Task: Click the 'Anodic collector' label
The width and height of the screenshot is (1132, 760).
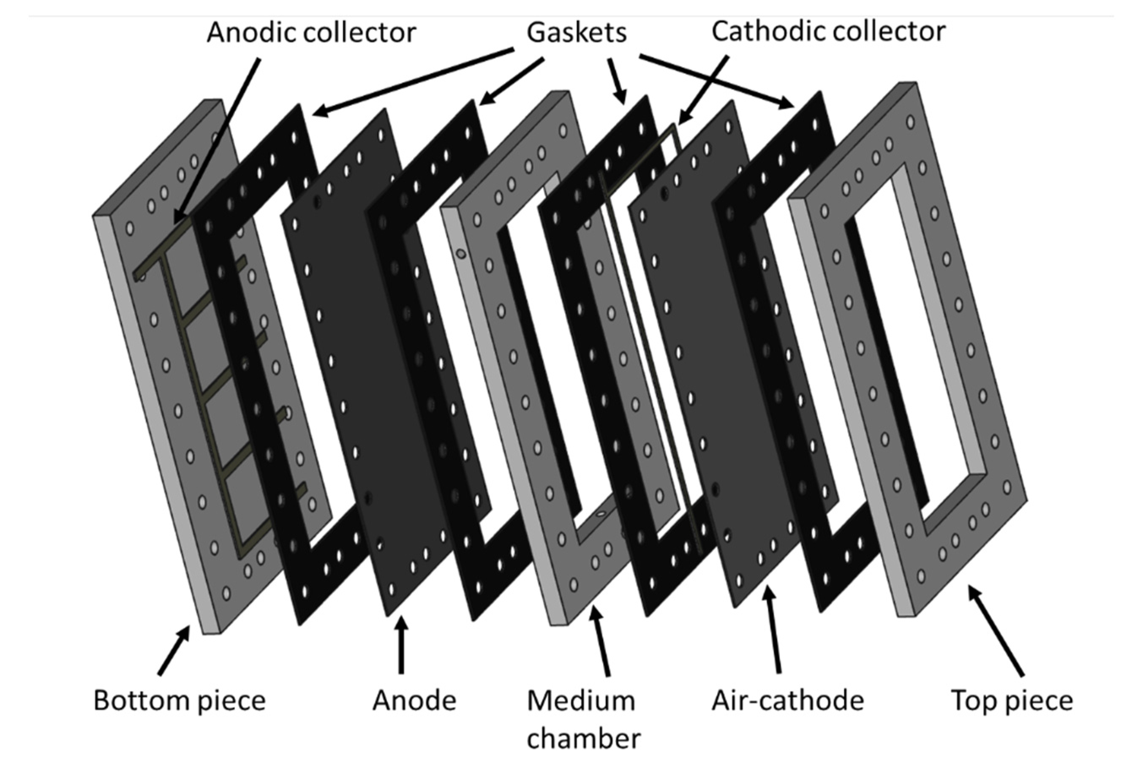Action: [x=311, y=33]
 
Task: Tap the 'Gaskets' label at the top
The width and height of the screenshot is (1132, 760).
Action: [x=577, y=33]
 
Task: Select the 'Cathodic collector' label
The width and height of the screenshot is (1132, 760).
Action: [x=828, y=32]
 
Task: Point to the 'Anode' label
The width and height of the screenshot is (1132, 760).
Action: [x=414, y=701]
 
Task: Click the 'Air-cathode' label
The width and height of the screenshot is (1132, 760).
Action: [x=787, y=701]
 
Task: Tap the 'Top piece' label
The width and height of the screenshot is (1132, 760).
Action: [x=1012, y=701]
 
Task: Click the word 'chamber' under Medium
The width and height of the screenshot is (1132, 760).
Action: [x=583, y=739]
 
